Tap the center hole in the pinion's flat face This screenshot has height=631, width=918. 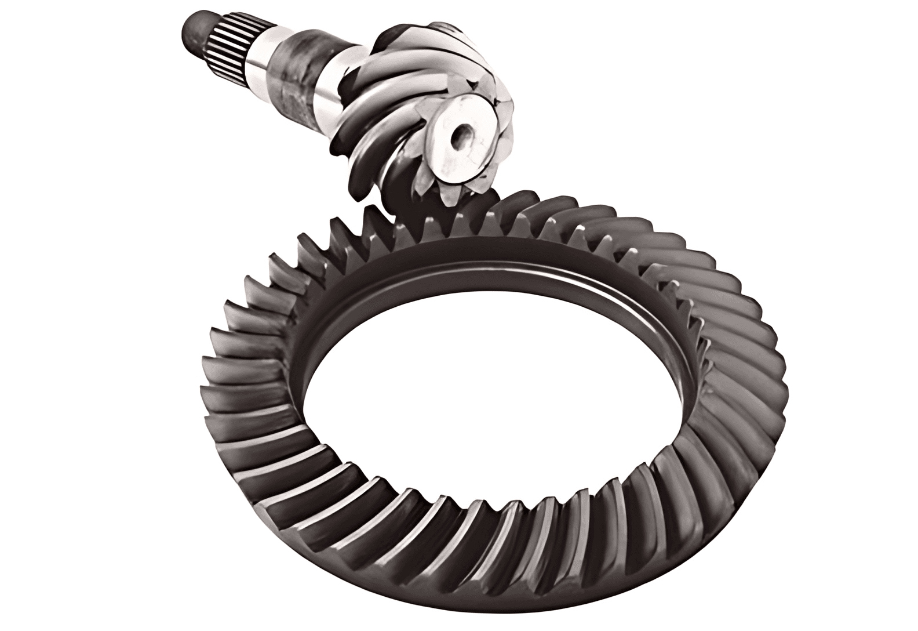click(464, 137)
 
